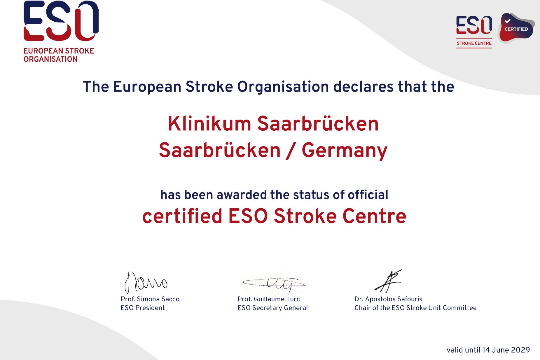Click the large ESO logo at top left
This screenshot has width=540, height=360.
coord(61,21)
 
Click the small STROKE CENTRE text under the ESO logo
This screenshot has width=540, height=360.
coord(474,43)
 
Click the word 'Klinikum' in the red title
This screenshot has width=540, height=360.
coord(209,124)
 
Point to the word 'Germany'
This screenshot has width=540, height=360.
coord(345,151)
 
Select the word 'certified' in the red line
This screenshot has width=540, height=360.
coord(182,216)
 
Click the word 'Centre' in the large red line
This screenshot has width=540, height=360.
coord(374,216)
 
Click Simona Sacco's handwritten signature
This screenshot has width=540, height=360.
coord(146,282)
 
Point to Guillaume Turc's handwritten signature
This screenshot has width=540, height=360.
coord(273,283)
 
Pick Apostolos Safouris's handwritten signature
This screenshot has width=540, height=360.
coord(388,281)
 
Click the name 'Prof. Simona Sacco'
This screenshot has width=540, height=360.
coord(150,299)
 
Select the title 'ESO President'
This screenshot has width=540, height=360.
coord(143,308)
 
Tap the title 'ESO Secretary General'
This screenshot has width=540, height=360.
coord(272,308)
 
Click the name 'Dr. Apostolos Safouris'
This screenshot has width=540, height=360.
coord(388,299)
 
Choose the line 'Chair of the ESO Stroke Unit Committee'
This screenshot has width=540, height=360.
coord(415,308)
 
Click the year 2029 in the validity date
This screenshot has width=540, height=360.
coord(520,350)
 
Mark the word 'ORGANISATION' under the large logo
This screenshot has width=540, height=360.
coord(50,59)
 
